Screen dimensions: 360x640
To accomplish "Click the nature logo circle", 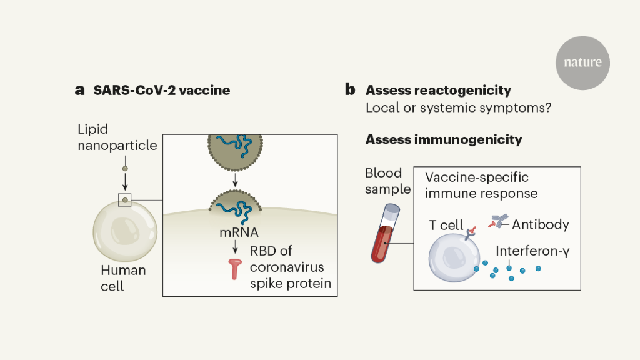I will (x=582, y=62).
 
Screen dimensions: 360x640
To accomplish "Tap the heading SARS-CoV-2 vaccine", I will (x=162, y=90).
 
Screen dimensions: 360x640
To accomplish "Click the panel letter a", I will (x=79, y=90).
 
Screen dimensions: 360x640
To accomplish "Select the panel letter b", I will (x=350, y=90).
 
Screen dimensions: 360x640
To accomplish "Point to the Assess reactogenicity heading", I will (x=438, y=90).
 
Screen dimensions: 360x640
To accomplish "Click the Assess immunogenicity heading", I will (x=444, y=139).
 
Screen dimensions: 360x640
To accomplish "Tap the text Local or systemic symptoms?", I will (x=457, y=107).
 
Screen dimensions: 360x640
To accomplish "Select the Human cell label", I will (x=123, y=279).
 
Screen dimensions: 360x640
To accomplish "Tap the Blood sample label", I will (x=387, y=181).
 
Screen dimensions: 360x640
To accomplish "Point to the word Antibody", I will (x=541, y=224).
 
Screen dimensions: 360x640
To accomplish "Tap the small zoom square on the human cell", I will (x=125, y=200).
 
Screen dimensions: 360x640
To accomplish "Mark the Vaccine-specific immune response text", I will (x=481, y=186).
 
